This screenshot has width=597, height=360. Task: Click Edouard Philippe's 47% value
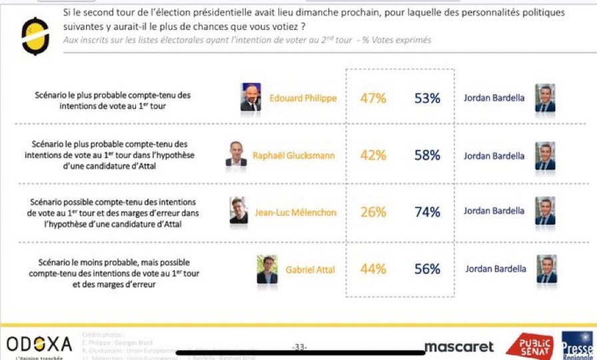tap(373, 99)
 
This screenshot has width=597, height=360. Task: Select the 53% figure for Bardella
tap(426, 99)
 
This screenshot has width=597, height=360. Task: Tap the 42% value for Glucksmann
tap(373, 155)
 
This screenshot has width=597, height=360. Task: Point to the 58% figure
tap(426, 155)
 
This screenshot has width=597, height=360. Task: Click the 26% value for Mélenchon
tap(373, 212)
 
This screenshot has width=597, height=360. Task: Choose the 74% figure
tap(426, 212)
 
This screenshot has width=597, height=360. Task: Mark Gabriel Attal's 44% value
tap(373, 269)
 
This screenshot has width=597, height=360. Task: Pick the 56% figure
tap(426, 269)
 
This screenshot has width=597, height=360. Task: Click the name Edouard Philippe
tap(303, 99)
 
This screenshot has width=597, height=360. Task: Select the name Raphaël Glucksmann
tap(295, 156)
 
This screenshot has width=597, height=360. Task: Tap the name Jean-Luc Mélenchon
tap(296, 213)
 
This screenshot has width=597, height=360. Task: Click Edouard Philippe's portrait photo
tap(251, 97)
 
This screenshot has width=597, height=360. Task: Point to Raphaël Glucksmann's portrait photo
tap(236, 154)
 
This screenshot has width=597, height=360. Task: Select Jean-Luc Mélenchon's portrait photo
tap(239, 211)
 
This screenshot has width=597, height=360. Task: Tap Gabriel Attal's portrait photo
tap(267, 269)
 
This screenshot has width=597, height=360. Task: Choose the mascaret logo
tap(459, 347)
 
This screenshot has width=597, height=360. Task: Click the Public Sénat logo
tap(529, 346)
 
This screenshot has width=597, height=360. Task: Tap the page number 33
tap(300, 346)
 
